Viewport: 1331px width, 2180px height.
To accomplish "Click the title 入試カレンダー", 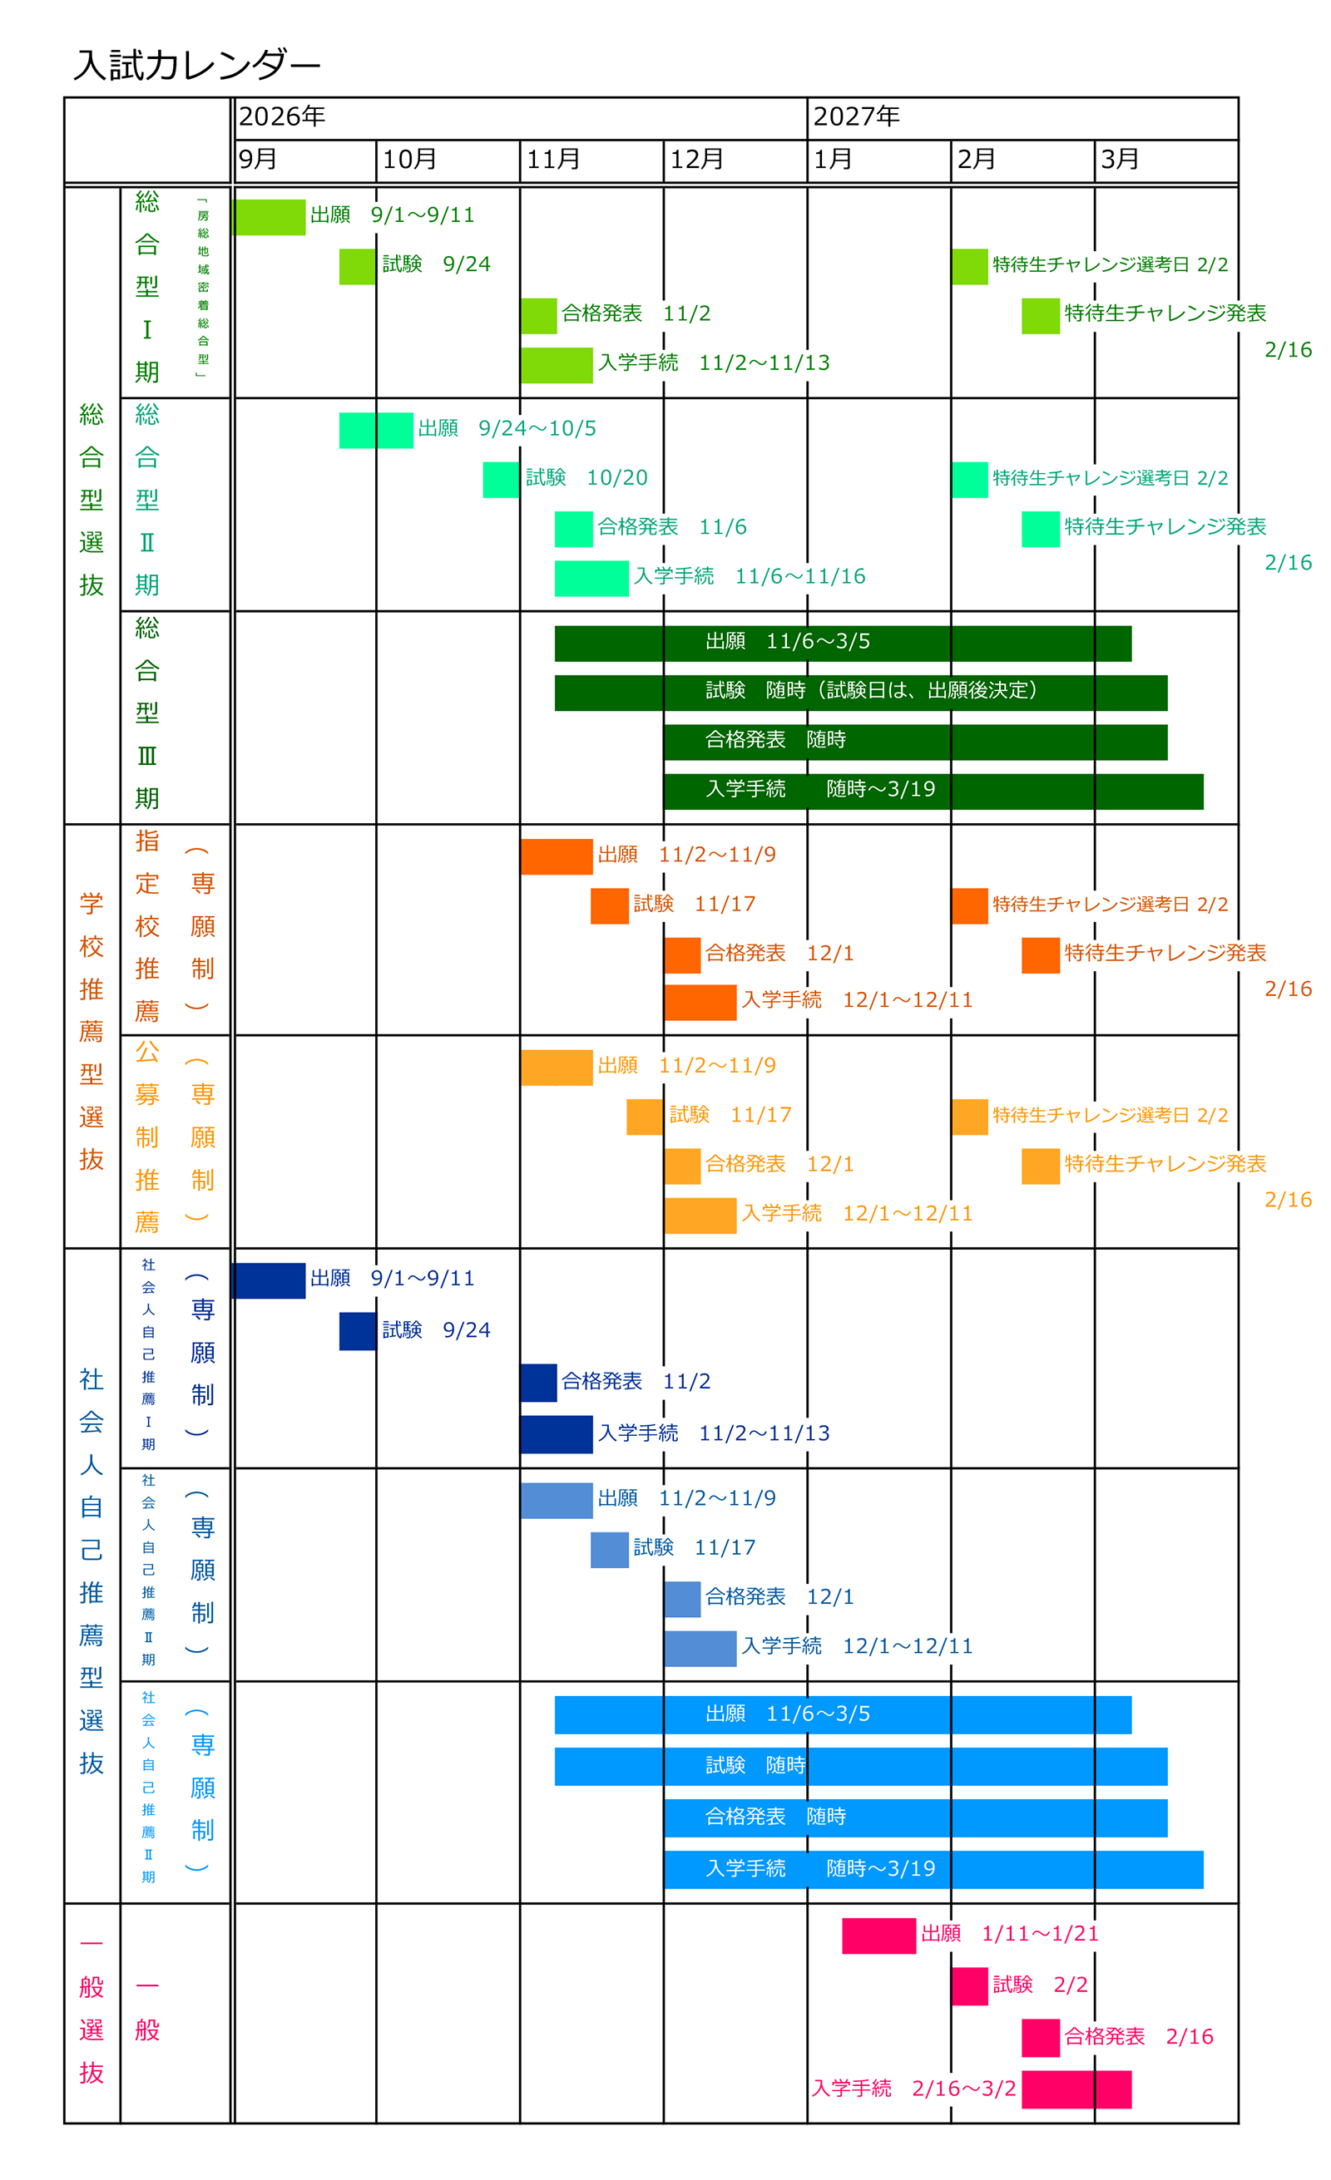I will tap(196, 65).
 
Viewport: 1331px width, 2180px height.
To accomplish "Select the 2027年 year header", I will tap(856, 116).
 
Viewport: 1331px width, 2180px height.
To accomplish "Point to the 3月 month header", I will tap(1120, 160).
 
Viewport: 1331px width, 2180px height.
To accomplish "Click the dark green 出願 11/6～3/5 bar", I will tap(842, 644).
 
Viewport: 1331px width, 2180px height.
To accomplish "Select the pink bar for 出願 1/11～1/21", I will tap(878, 1936).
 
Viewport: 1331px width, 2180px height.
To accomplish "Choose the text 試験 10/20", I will tap(586, 478).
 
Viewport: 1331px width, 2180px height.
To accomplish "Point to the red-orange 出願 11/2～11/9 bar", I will tap(556, 856).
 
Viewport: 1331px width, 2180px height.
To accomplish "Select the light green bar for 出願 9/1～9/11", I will tap(268, 217).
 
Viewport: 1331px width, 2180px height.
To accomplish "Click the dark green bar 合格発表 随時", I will tap(915, 742).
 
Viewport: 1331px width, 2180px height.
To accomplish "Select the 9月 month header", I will tap(259, 160).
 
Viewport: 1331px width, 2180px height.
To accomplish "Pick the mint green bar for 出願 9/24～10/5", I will tap(376, 430).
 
